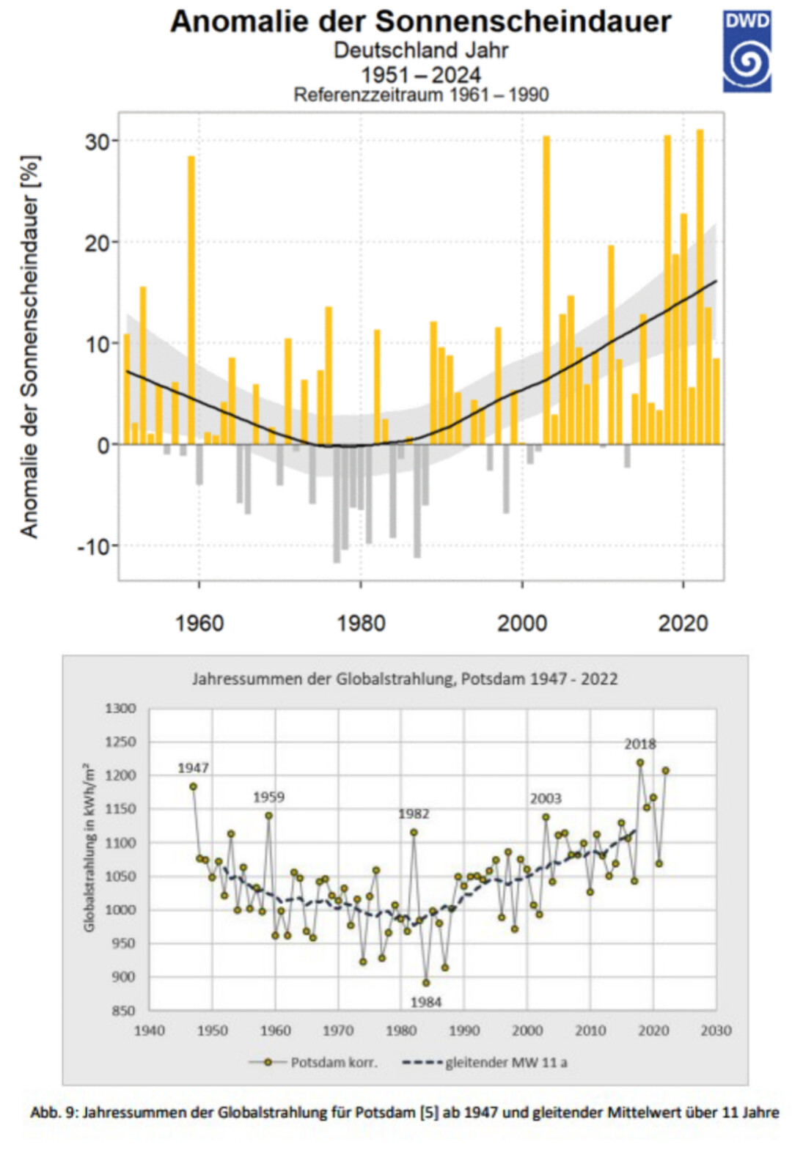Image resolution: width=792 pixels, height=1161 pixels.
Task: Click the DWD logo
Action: [x=747, y=51]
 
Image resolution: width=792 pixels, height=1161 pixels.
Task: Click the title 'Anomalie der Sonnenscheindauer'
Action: [x=420, y=21]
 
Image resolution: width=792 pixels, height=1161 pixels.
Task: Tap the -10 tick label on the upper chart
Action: [x=94, y=546]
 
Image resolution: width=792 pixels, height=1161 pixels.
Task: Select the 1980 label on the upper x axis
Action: [x=361, y=623]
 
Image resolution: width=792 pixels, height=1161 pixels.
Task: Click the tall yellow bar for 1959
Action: [x=191, y=293]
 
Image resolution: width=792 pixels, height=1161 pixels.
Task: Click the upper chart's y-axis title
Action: [x=29, y=346]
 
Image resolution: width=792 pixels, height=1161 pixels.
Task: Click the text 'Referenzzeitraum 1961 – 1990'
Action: [x=421, y=95]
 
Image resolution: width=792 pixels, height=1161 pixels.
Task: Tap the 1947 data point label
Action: [x=193, y=768]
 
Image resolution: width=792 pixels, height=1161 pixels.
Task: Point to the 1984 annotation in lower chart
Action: [x=426, y=1002]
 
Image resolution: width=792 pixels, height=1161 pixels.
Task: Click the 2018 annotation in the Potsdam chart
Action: [x=639, y=744]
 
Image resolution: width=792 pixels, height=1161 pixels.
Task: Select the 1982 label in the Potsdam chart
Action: [x=414, y=814]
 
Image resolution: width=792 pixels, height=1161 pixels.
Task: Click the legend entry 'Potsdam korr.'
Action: [x=334, y=1062]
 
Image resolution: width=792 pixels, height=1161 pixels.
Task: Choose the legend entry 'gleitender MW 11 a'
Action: [x=506, y=1062]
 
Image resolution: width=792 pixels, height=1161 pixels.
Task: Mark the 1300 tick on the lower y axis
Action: [x=121, y=708]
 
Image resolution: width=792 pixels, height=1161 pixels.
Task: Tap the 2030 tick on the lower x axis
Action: [x=716, y=1031]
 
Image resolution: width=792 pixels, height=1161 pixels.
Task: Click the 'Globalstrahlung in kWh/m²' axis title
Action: [x=89, y=849]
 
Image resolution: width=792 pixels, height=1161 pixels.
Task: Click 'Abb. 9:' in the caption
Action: [x=54, y=1113]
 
